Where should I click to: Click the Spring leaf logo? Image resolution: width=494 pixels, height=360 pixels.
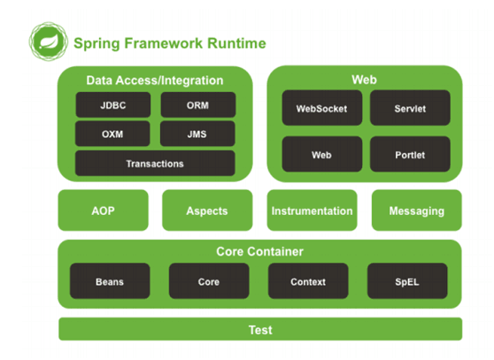pyautogui.click(x=48, y=42)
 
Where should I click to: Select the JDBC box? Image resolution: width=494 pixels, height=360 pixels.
pyautogui.click(x=113, y=104)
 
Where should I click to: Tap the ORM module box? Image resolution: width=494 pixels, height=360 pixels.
pyautogui.click(x=198, y=104)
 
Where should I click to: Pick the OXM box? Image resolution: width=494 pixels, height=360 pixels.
pyautogui.click(x=112, y=134)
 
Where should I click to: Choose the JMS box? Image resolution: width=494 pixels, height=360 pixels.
pyautogui.click(x=197, y=134)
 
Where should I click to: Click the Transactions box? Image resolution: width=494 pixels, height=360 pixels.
pyautogui.click(x=155, y=163)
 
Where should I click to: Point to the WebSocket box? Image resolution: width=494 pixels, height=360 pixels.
pyautogui.click(x=322, y=108)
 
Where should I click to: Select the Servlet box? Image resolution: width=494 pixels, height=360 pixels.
pyautogui.click(x=410, y=108)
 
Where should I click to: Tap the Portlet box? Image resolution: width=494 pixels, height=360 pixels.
pyautogui.click(x=410, y=154)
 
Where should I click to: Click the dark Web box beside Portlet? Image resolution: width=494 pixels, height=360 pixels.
pyautogui.click(x=322, y=154)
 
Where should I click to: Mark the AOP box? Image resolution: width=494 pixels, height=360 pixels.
pyautogui.click(x=103, y=211)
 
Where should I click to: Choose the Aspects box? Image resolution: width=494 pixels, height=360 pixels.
pyautogui.click(x=207, y=211)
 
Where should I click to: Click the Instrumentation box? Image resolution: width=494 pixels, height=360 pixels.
pyautogui.click(x=312, y=211)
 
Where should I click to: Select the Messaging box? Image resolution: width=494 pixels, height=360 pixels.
pyautogui.click(x=417, y=211)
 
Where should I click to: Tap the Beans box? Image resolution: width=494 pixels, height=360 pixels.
pyautogui.click(x=110, y=281)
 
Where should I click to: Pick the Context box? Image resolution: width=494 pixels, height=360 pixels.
pyautogui.click(x=308, y=281)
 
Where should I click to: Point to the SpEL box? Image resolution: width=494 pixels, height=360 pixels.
pyautogui.click(x=407, y=281)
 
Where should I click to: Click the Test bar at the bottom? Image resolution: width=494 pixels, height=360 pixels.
pyautogui.click(x=260, y=329)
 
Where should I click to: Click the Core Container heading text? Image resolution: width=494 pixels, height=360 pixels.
pyautogui.click(x=260, y=251)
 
